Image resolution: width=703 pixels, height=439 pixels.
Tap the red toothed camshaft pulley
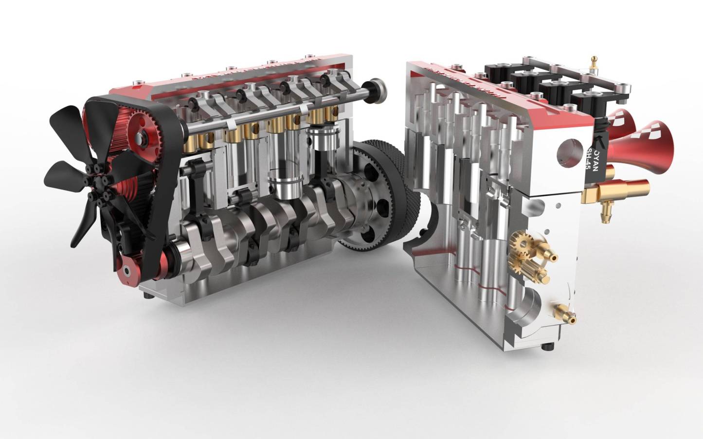141,137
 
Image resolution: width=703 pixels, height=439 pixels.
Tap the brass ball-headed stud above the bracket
593,63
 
